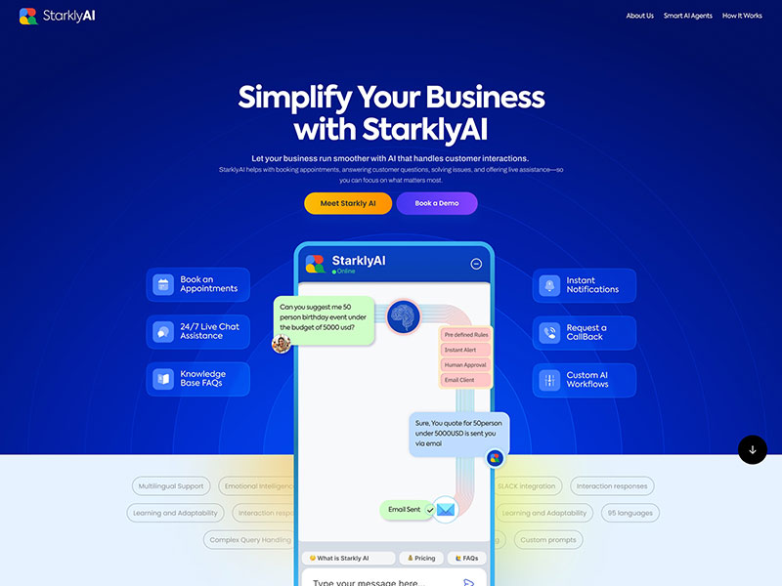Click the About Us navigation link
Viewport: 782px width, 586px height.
[x=639, y=16]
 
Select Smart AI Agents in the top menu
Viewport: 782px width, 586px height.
[x=688, y=16]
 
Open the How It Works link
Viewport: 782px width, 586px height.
[x=742, y=16]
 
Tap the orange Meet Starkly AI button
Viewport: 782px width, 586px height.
[x=348, y=203]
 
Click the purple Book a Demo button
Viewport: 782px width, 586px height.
[x=437, y=203]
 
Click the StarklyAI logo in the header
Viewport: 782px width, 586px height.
[x=57, y=16]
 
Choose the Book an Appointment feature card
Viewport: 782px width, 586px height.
[x=198, y=284]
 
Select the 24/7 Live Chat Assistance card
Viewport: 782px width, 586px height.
[x=198, y=332]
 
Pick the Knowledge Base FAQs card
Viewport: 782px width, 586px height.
[x=198, y=379]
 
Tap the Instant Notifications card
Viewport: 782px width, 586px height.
[x=584, y=285]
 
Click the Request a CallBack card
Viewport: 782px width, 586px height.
[x=584, y=332]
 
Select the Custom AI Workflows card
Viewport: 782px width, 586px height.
[x=584, y=380]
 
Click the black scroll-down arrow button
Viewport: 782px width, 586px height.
[x=753, y=450]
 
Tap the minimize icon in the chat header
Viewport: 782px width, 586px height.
[x=476, y=264]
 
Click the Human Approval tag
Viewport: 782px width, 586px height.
[x=465, y=365]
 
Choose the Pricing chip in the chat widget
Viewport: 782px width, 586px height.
[x=421, y=559]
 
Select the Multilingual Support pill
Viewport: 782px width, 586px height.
[x=171, y=486]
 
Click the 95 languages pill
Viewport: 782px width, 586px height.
[x=630, y=513]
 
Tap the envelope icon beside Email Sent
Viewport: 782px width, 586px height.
[x=446, y=509]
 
